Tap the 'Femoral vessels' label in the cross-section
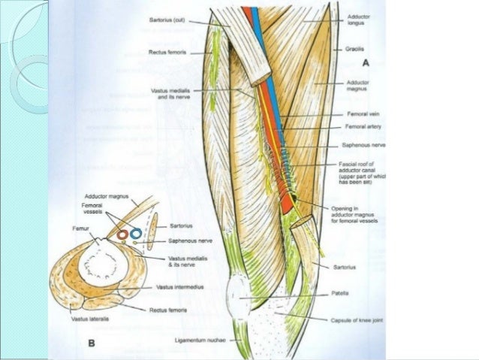94,209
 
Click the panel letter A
366,63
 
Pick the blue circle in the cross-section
136,233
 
